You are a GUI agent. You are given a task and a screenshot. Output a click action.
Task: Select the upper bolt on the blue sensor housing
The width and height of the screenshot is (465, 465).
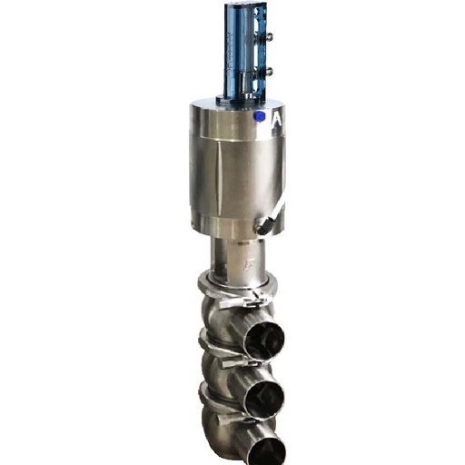point(268,38)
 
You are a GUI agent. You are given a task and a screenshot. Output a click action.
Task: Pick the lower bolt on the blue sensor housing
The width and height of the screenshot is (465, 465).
point(268,70)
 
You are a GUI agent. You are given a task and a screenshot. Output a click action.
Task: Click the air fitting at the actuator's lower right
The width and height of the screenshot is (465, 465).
point(265,225)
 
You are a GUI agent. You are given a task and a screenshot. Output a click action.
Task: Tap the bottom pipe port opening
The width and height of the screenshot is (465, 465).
point(267,450)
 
